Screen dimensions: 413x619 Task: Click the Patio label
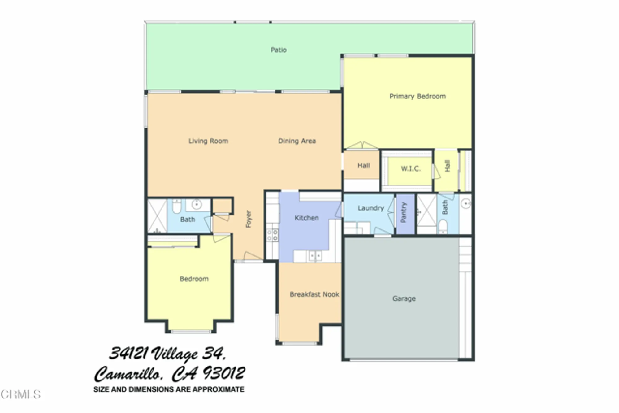click(x=279, y=50)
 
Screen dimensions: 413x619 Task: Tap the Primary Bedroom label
click(x=417, y=96)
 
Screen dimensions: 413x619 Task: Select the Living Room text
click(x=208, y=141)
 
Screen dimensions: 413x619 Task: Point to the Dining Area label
click(x=297, y=141)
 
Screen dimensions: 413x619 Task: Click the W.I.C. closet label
click(x=411, y=169)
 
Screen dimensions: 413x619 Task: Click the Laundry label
click(x=370, y=208)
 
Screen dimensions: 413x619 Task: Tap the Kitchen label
click(x=306, y=218)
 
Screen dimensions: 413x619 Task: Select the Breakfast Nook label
click(x=314, y=294)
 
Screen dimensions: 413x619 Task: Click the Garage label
click(x=404, y=298)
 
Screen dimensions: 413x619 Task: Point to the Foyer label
click(x=249, y=219)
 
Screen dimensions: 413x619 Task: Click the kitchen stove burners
click(x=272, y=235)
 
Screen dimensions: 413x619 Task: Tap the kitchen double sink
click(x=315, y=256)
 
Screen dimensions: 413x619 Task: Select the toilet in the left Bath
click(x=176, y=207)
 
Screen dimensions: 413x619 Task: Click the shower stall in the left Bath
click(x=157, y=216)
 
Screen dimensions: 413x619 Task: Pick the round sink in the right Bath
click(x=465, y=203)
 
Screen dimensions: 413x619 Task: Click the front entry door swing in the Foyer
click(x=252, y=256)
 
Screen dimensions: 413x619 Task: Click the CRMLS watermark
click(x=20, y=394)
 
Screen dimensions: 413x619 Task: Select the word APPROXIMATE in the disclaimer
click(x=218, y=389)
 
